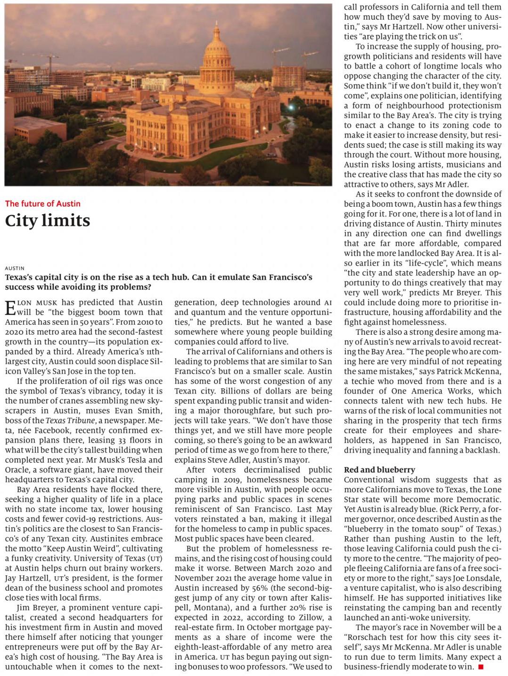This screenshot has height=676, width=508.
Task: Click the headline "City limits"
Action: (48, 221)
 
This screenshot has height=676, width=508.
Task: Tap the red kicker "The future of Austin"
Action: (43, 204)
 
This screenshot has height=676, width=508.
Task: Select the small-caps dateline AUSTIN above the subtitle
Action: (15, 268)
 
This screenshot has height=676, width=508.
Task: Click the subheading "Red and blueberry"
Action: (379, 470)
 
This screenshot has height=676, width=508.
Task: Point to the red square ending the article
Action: (481, 667)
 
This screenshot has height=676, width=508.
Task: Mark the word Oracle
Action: (18, 470)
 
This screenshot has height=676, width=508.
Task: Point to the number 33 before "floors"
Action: (123, 440)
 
